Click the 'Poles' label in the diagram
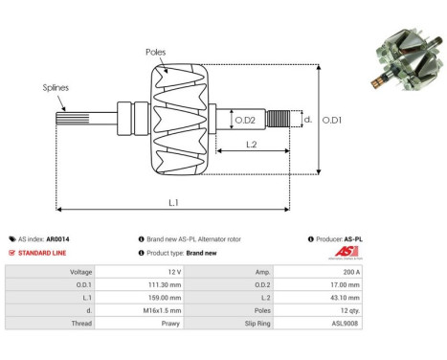pyautogui.click(x=157, y=51)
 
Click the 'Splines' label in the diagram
pyautogui.click(x=56, y=87)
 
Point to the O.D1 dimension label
pyautogui.click(x=331, y=120)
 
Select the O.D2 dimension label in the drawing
pyautogui.click(x=245, y=120)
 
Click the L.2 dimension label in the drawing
pyautogui.click(x=252, y=144)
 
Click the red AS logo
pyautogui.click(x=346, y=252)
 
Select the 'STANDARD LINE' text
pyautogui.click(x=45, y=253)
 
